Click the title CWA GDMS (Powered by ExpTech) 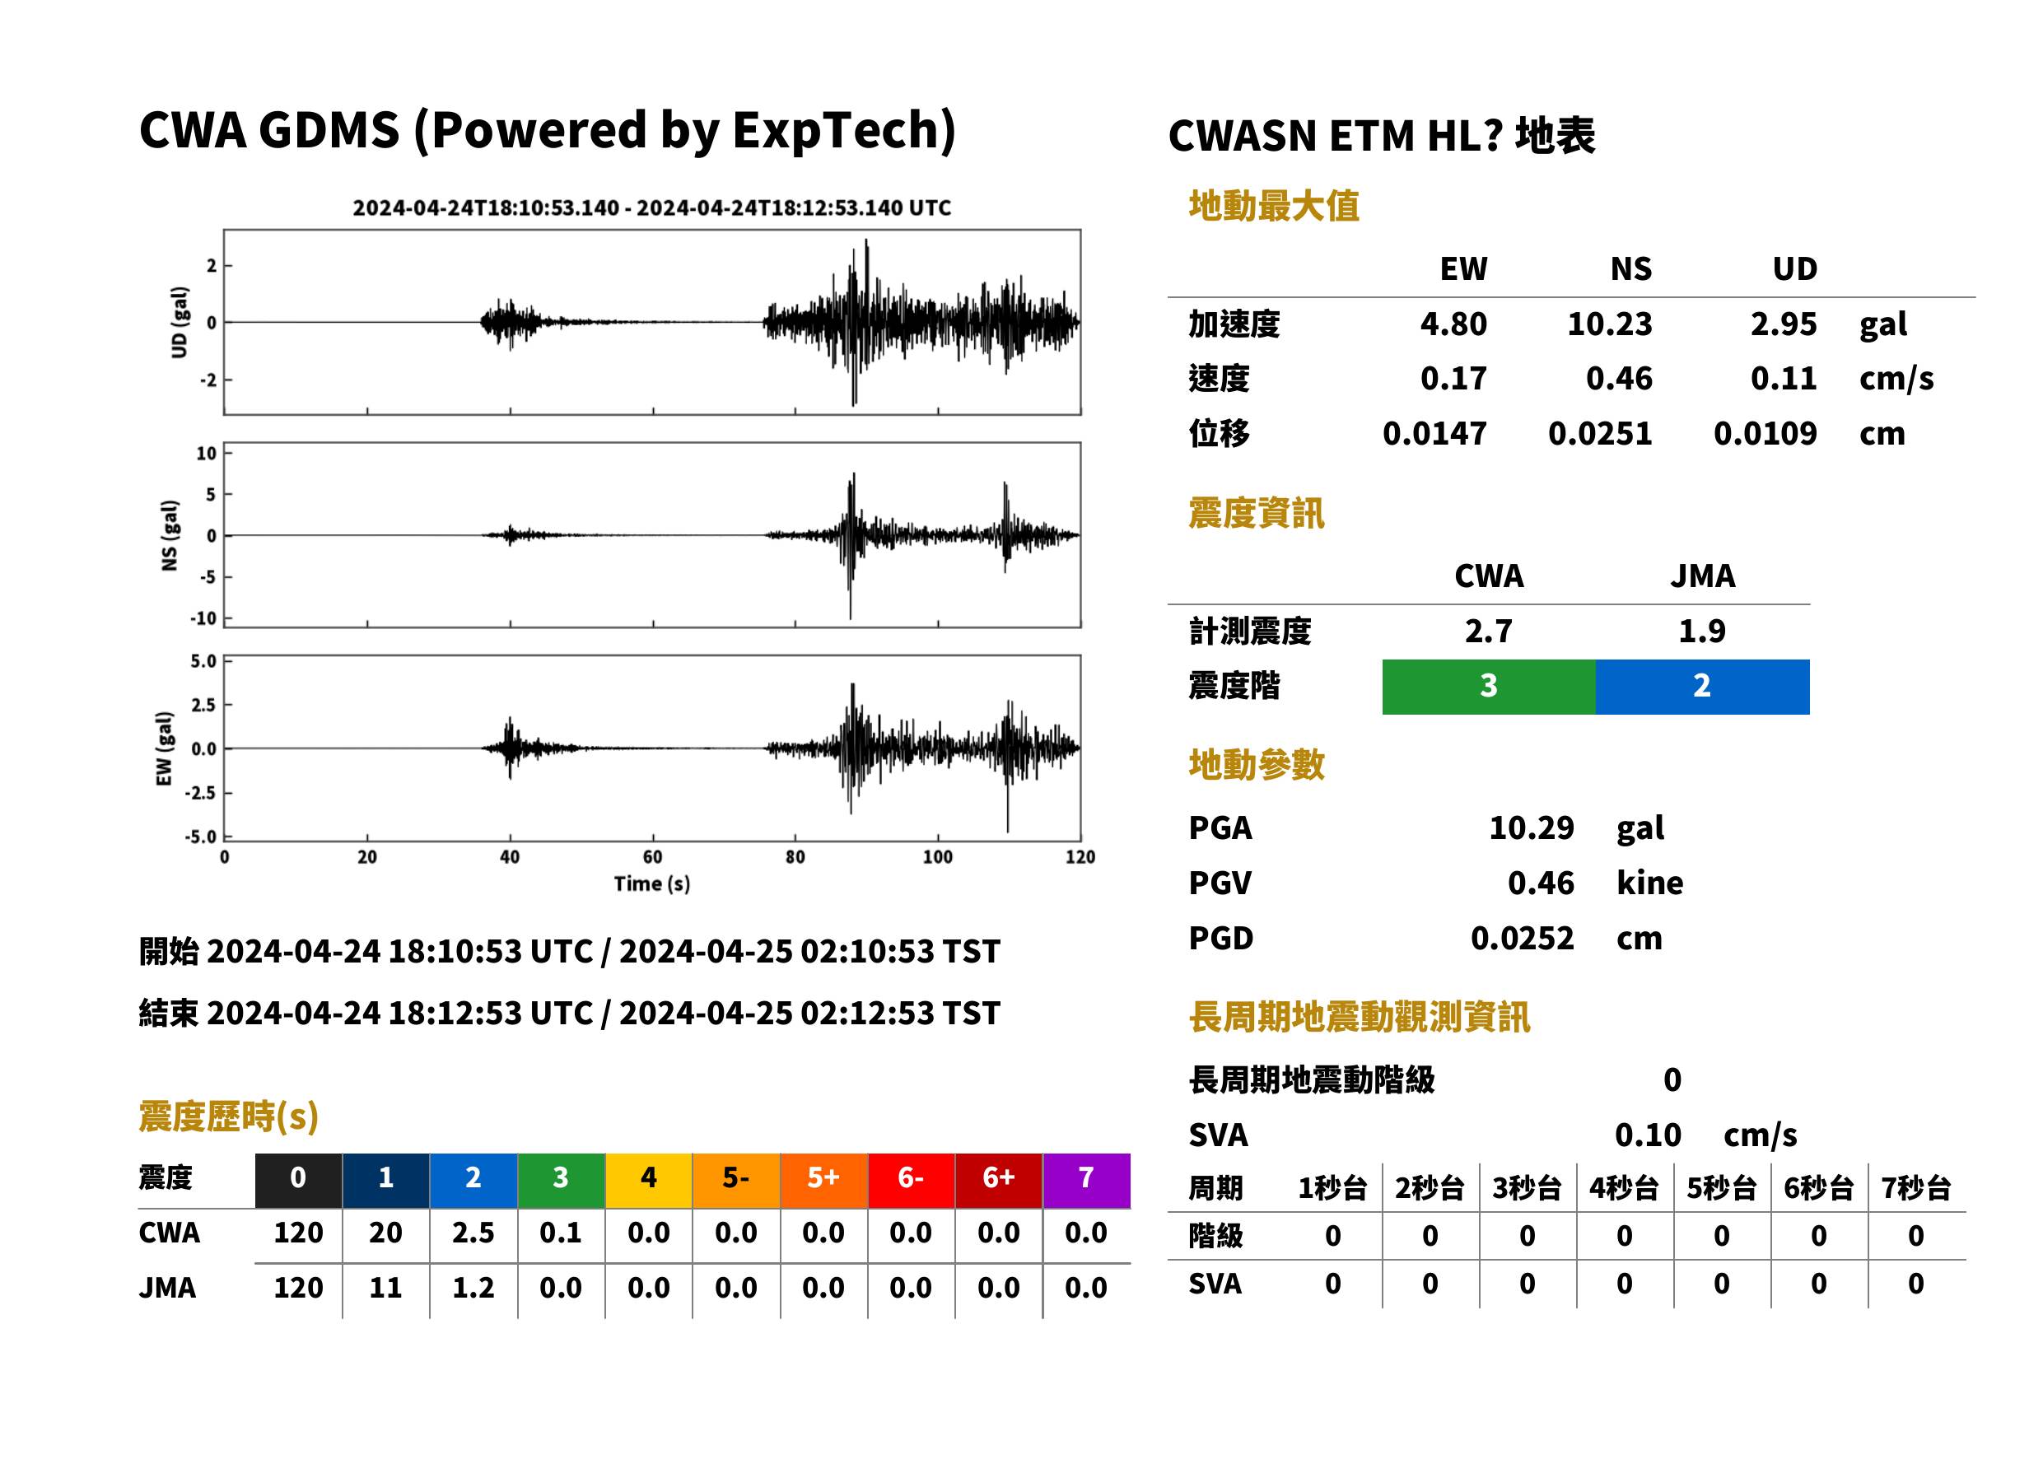pos(547,131)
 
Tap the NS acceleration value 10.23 pos(1609,324)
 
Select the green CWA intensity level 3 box pos(1489,687)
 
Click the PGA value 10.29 pos(1531,827)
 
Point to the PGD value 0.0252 pos(1522,938)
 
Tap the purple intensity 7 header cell pos(1086,1179)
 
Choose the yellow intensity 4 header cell pos(649,1179)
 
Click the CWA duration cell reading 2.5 pos(473,1233)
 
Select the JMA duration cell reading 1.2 pos(473,1288)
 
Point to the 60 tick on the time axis pos(652,857)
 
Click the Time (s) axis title pos(652,884)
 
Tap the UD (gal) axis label pos(180,323)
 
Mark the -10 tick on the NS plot pos(204,618)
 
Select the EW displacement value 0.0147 pos(1434,434)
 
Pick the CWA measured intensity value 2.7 pos(1489,631)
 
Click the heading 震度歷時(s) pos(229,1116)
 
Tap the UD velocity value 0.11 pos(1784,379)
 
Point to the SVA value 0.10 pos(1648,1135)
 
